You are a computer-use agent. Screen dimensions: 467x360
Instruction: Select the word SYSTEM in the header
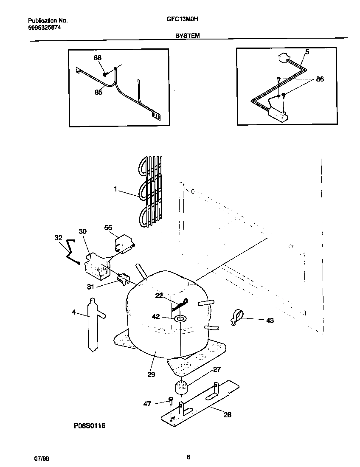(x=188, y=37)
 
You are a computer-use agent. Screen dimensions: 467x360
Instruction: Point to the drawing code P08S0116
(x=87, y=425)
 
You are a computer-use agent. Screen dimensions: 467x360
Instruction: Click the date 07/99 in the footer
(x=40, y=459)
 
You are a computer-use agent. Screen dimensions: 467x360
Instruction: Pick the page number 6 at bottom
(x=188, y=457)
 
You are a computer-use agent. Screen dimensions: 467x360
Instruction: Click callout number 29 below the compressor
(x=151, y=374)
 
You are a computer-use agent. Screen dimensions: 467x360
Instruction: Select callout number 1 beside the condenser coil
(x=115, y=189)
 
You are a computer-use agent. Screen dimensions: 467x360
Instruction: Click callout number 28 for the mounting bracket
(x=227, y=415)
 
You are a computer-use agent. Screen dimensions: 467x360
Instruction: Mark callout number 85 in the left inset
(x=98, y=92)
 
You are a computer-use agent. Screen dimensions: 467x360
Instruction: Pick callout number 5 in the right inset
(x=307, y=52)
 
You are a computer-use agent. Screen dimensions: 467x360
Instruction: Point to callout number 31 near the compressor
(x=90, y=287)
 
